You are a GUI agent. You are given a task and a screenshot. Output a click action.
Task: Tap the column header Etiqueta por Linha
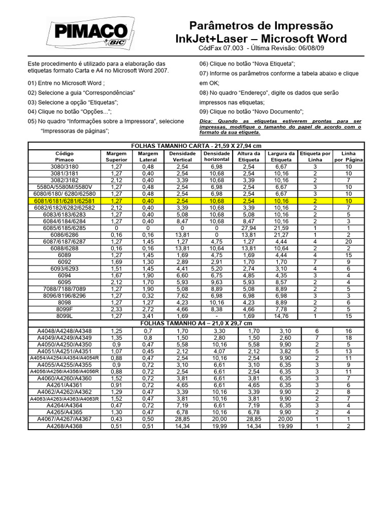[315, 156]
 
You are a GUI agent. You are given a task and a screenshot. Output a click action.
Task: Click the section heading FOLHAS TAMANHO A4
[196, 323]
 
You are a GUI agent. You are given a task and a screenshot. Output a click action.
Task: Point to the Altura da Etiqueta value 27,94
[249, 228]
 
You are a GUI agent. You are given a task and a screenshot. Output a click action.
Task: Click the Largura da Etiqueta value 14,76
[281, 315]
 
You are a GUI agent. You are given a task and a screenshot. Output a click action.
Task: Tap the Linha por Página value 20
[348, 242]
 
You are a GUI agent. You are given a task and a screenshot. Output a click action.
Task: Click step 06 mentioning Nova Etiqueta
[247, 63]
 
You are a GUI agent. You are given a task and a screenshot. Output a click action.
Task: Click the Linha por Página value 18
[348, 338]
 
